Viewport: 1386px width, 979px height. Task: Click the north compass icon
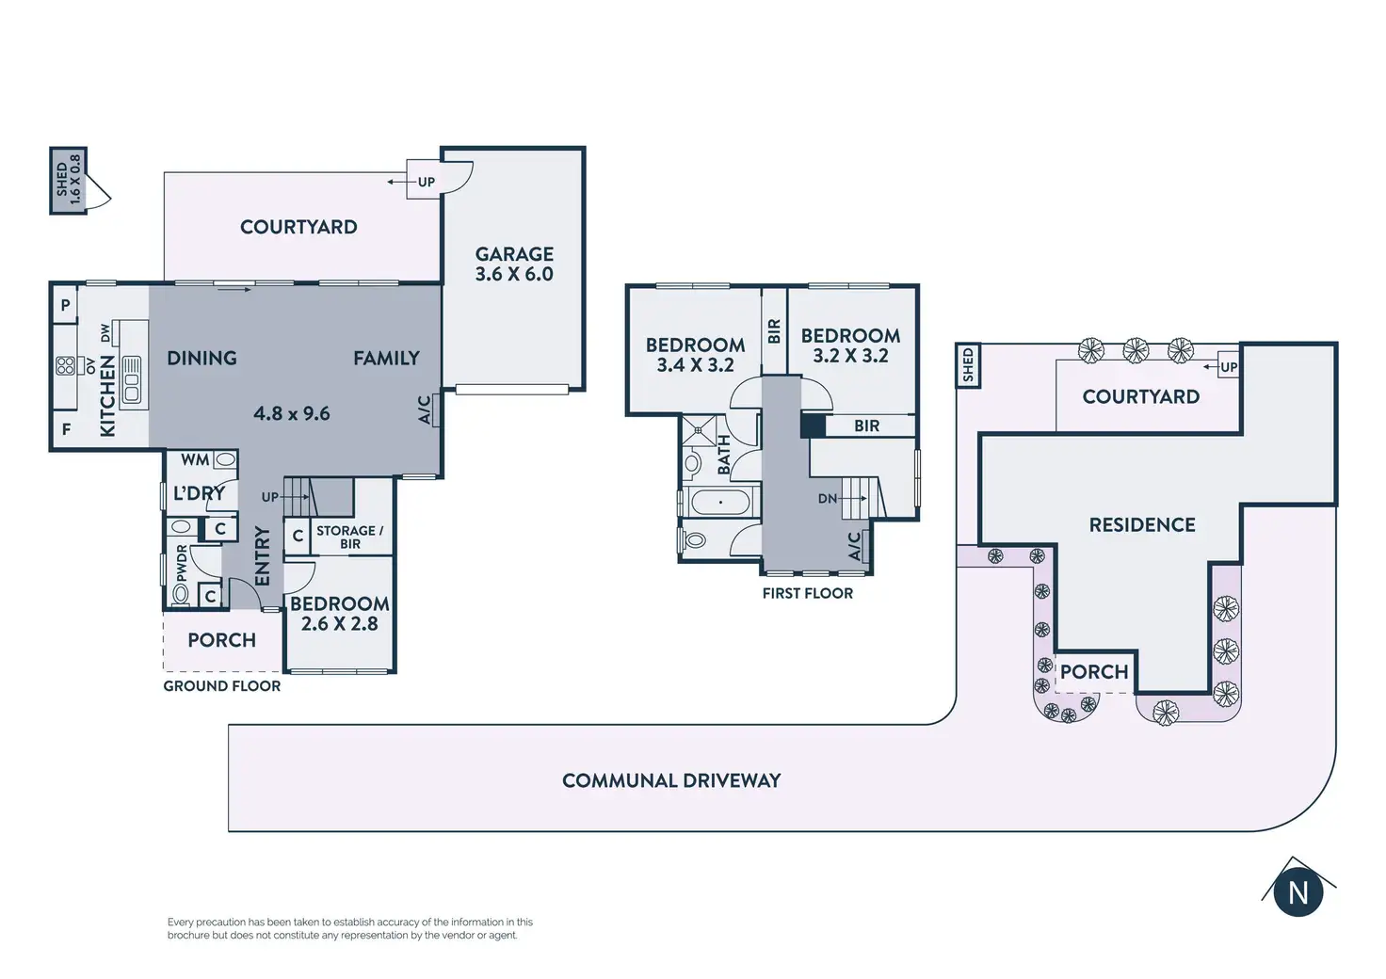1297,891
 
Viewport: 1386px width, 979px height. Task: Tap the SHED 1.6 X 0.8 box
68,180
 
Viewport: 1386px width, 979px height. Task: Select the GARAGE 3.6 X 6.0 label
514,264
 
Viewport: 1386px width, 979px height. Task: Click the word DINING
201,358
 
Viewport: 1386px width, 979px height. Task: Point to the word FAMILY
386,358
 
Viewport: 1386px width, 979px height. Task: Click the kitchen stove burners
65,365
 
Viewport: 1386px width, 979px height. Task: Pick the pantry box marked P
65,305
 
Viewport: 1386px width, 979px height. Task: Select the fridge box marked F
66,429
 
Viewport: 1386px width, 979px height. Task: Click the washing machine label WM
195,459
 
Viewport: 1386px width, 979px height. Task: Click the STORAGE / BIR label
349,537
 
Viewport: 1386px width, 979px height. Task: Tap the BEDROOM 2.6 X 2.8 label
339,613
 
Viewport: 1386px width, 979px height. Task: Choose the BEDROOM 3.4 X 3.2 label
695,354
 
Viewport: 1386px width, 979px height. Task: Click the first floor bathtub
720,502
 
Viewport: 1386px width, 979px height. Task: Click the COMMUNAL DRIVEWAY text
671,780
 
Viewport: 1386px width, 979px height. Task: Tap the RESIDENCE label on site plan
1142,524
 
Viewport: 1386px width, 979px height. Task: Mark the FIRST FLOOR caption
808,593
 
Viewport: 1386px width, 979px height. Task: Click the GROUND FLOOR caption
222,686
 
